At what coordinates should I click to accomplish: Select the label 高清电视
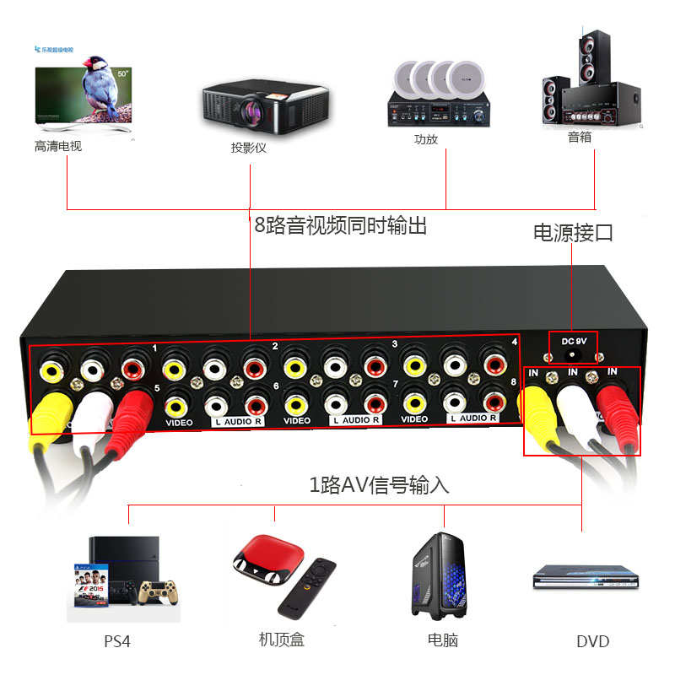pyautogui.click(x=58, y=147)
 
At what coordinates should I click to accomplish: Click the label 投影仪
pyautogui.click(x=249, y=148)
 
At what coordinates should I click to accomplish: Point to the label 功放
pyautogui.click(x=426, y=139)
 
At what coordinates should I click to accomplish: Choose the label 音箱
pyautogui.click(x=580, y=137)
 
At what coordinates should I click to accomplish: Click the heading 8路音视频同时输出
pyautogui.click(x=341, y=225)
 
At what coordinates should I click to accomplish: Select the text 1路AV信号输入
pyautogui.click(x=379, y=485)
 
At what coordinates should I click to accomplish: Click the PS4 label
pyautogui.click(x=117, y=641)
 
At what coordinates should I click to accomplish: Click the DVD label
pyautogui.click(x=592, y=641)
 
